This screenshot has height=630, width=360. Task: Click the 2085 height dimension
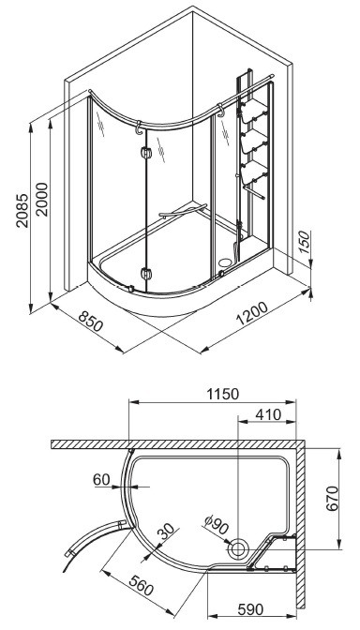[22, 211]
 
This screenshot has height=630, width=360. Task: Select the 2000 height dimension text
[42, 200]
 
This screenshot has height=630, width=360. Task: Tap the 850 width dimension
[90, 321]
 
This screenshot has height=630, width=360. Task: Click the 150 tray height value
[305, 242]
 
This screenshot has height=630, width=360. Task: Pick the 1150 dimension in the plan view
[223, 394]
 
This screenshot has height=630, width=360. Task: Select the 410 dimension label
[269, 414]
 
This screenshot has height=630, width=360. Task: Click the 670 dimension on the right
[333, 499]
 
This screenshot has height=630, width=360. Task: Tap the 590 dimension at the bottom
[250, 609]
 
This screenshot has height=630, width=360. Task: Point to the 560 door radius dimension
[142, 585]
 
